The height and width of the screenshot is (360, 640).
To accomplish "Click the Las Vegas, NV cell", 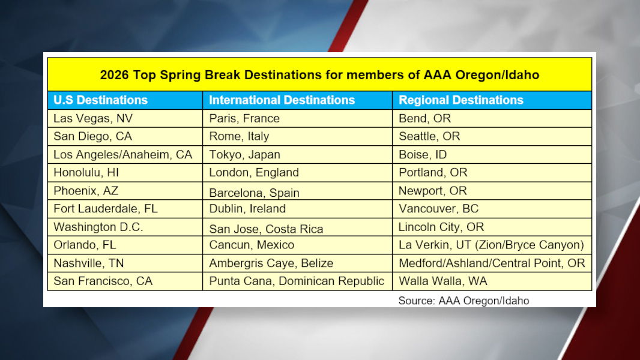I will (93, 118).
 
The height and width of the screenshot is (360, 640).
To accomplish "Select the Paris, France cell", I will (244, 118).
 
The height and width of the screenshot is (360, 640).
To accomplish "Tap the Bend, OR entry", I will (424, 118).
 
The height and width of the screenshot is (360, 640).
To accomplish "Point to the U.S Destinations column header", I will (100, 100).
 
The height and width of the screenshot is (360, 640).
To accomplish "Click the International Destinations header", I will (282, 100).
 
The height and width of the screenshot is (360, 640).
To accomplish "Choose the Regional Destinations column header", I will (460, 100).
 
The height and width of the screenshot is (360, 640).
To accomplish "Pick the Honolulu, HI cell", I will (86, 173).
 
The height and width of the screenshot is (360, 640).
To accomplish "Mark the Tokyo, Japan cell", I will (244, 155).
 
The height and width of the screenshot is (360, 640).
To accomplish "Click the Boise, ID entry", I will (423, 155).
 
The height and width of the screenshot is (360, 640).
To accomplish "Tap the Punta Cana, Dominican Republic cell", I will (297, 281).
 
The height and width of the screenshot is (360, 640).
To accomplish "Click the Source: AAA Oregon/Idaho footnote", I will (463, 301).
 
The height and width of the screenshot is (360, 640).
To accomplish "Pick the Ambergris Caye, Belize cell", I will (271, 263).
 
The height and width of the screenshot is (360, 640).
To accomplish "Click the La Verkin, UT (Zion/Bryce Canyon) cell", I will (491, 245).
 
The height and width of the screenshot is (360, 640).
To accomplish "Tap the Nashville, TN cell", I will (89, 263).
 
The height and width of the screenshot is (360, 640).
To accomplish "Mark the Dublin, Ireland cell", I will (247, 209).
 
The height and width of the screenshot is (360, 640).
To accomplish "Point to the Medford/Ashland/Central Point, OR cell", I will (492, 263).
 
